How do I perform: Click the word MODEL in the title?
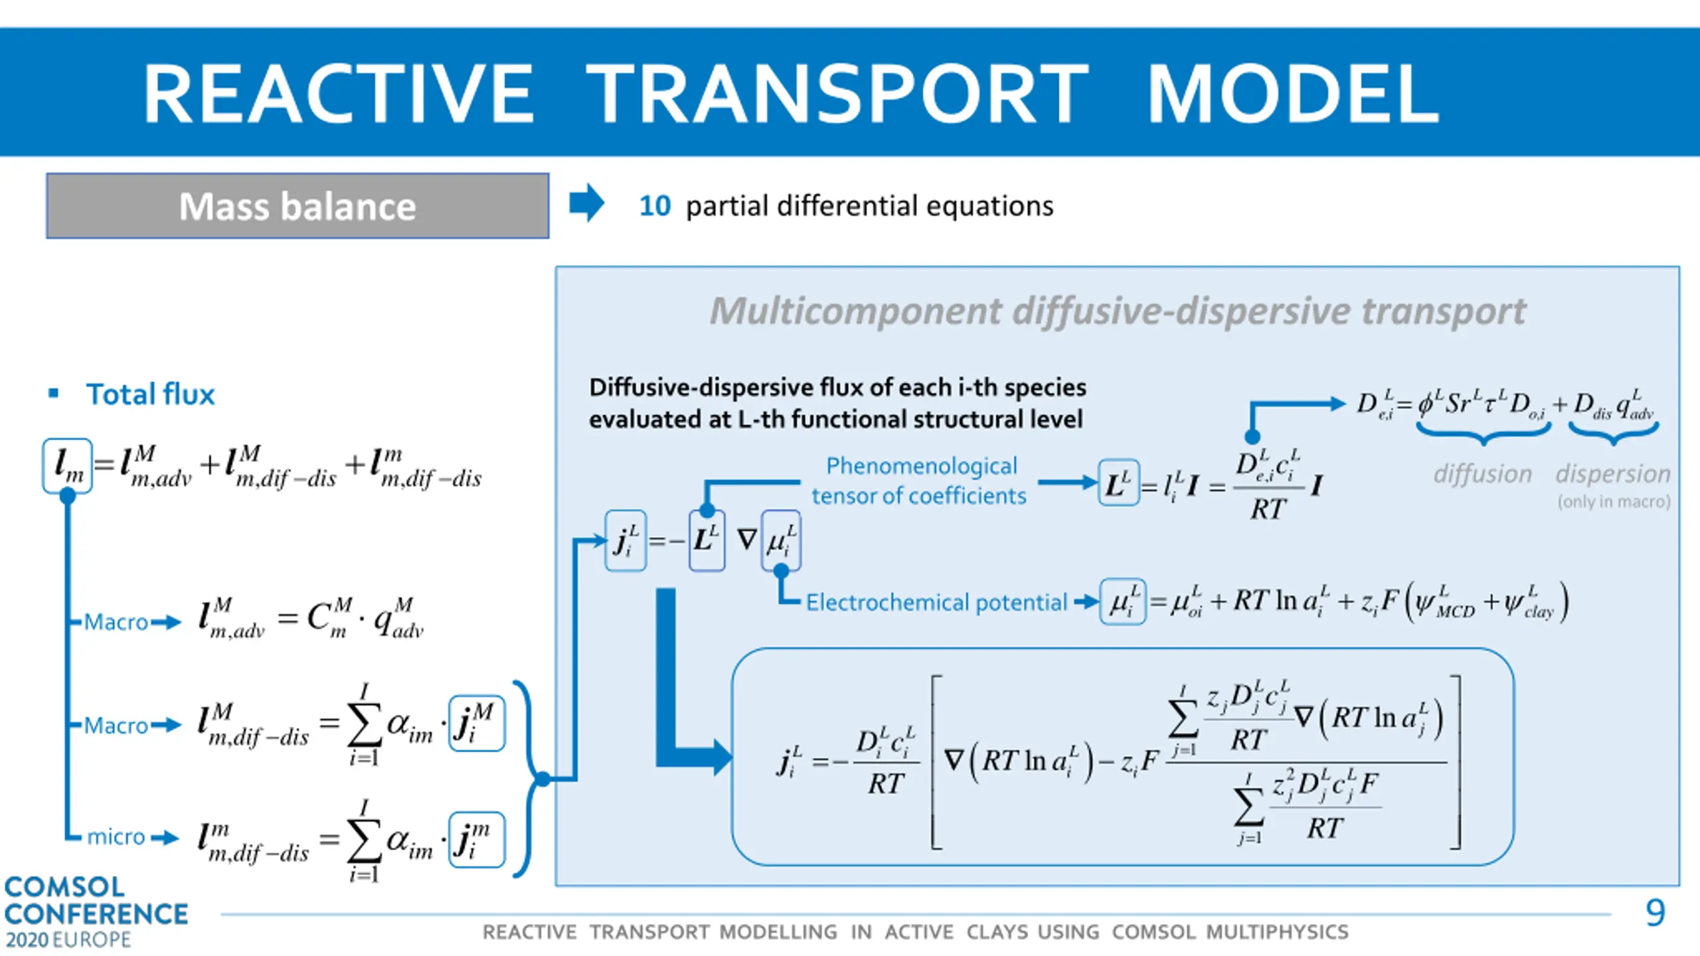click(x=1292, y=94)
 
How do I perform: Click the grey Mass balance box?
click(x=297, y=206)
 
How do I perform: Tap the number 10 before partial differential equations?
click(x=655, y=206)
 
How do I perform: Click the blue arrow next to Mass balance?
click(x=586, y=202)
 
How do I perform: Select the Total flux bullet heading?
click(x=150, y=394)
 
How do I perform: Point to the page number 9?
click(x=1655, y=913)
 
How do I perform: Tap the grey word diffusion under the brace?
click(x=1482, y=474)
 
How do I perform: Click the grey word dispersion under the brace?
click(x=1612, y=474)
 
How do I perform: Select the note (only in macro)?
click(x=1614, y=501)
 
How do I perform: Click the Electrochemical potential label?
click(x=936, y=602)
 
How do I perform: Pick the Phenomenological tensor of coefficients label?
click(x=920, y=481)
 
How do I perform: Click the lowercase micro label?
click(x=116, y=836)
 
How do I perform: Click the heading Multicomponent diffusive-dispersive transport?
click(x=1118, y=311)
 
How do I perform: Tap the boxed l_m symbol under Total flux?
click(x=68, y=465)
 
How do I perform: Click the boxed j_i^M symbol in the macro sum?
click(x=476, y=723)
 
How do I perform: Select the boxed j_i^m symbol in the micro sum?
click(x=476, y=840)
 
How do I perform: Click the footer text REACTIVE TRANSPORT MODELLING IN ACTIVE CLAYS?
click(x=915, y=932)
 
